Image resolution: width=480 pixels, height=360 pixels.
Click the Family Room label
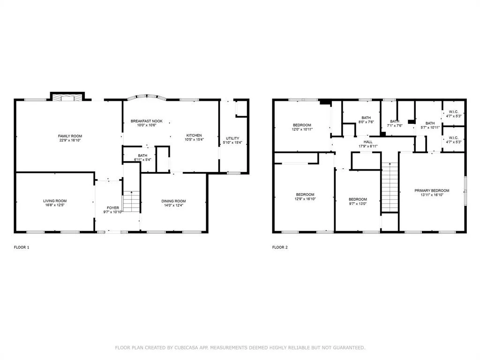(70, 136)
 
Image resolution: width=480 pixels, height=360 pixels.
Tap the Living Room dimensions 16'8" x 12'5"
(55, 205)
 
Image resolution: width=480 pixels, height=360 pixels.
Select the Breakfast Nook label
(147, 121)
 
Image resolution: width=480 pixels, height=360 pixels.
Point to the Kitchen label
(194, 135)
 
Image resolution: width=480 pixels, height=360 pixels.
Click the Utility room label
(232, 138)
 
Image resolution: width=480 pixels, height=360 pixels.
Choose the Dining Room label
(173, 201)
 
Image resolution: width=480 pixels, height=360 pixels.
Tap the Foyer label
(113, 208)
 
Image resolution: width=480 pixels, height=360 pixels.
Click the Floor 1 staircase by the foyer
(131, 202)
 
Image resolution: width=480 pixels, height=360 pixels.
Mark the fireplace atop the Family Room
(67, 97)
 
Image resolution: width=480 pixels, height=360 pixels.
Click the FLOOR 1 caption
(22, 247)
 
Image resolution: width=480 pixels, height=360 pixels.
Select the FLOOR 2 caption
(280, 247)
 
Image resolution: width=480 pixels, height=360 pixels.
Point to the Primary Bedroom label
(432, 191)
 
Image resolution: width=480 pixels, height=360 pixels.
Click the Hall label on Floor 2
(368, 142)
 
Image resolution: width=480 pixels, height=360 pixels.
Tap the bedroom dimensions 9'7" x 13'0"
(358, 203)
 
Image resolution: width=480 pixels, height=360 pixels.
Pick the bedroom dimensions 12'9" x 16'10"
(305, 199)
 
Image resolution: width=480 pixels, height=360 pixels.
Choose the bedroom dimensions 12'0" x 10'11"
(302, 129)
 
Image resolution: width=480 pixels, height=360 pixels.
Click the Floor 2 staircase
(390, 187)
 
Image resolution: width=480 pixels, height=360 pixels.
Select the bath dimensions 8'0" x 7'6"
(366, 122)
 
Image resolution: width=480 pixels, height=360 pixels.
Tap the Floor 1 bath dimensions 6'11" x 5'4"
(142, 160)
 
